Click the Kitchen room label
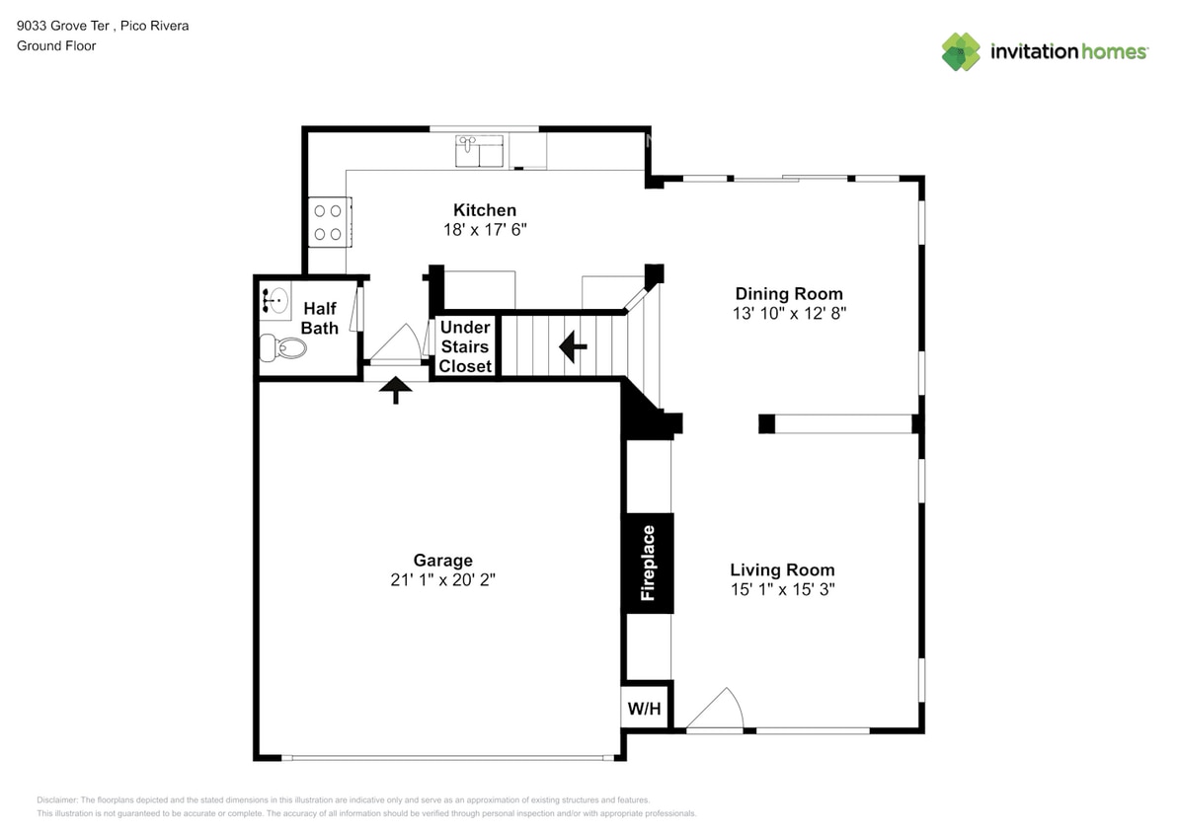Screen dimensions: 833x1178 484,210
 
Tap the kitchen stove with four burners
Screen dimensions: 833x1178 328,222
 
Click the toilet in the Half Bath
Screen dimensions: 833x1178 283,347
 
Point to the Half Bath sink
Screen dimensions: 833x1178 275,298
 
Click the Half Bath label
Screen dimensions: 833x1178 320,318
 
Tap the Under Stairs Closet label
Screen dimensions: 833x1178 465,346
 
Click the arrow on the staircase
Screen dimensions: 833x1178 573,346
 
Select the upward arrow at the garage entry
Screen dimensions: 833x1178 396,390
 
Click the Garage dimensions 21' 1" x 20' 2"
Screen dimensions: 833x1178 442,580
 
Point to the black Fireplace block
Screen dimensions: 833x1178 648,563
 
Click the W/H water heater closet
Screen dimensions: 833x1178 645,708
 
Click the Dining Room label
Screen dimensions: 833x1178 789,293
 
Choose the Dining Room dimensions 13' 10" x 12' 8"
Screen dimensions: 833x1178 789,313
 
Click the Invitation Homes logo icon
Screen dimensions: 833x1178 960,52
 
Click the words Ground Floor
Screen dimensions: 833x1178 56,45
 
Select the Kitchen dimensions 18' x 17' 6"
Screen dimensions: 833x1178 484,229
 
